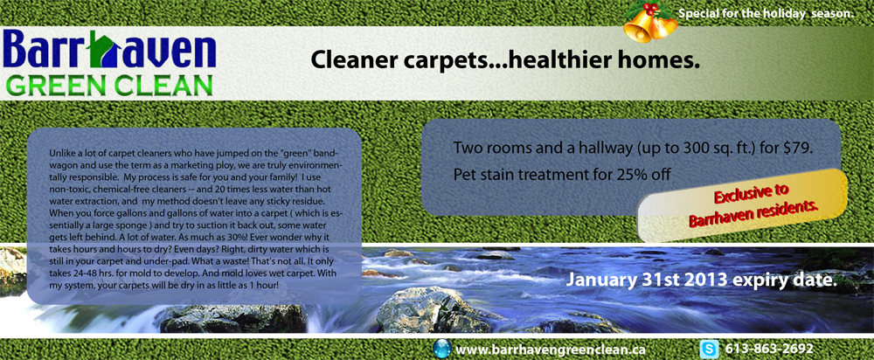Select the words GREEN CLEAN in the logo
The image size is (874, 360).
108,86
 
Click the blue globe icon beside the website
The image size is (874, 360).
442,349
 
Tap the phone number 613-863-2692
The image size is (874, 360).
769,349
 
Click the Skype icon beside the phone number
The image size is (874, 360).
711,349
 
